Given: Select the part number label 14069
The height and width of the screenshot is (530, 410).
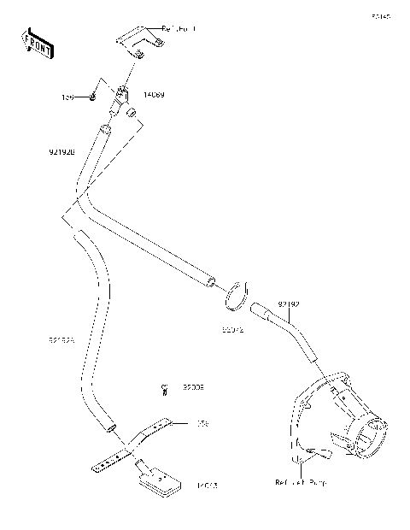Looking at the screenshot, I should (x=155, y=96).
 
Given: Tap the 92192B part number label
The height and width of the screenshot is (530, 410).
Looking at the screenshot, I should (x=62, y=151).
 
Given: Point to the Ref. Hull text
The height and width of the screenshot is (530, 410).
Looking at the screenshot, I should (x=178, y=29).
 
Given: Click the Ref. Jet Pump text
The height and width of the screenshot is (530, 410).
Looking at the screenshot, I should (x=301, y=483).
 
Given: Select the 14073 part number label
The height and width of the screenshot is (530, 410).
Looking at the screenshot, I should (x=207, y=486).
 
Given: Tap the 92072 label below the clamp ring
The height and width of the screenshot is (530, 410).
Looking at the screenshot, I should (x=233, y=327).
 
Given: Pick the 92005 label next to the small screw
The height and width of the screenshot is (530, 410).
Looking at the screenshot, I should (x=193, y=387).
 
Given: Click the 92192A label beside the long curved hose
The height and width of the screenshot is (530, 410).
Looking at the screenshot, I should (x=62, y=340).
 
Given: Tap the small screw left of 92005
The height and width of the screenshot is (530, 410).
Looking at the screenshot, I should (x=164, y=391).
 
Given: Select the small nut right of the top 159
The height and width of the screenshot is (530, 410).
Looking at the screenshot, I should (x=91, y=98).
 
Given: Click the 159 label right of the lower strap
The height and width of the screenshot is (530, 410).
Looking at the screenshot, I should (x=202, y=423).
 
